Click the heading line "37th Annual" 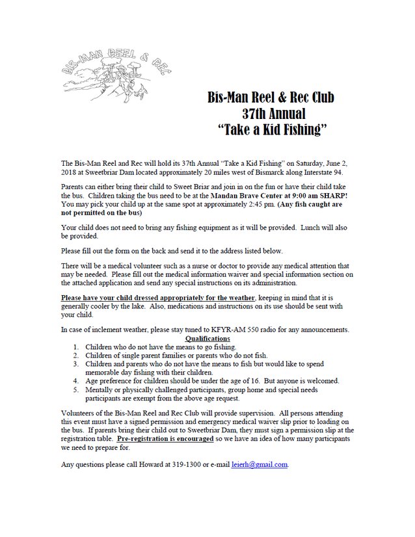point(271,114)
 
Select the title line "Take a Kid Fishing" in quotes point(271,129)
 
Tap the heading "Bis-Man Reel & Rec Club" point(271,98)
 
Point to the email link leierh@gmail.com point(260,465)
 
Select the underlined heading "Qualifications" point(207,339)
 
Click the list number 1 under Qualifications point(76,347)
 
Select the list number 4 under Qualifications point(76,381)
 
